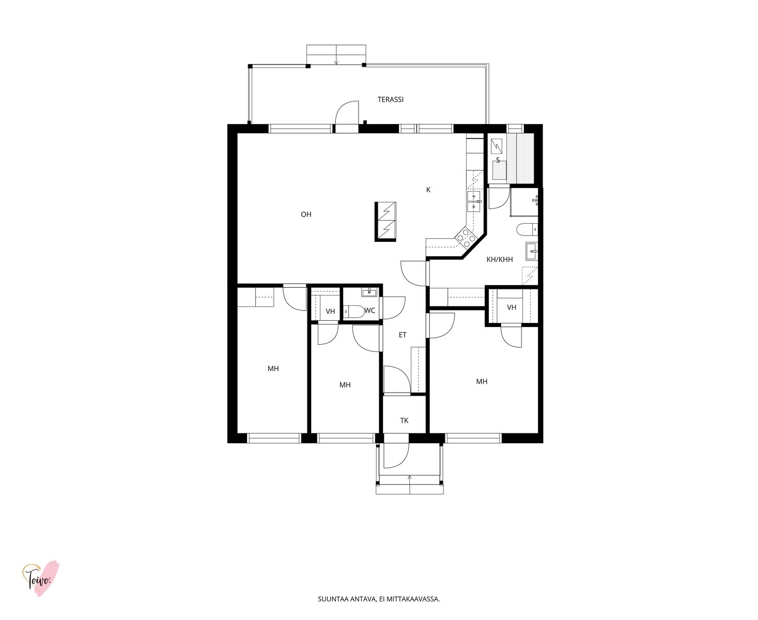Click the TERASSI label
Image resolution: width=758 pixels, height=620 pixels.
point(390,100)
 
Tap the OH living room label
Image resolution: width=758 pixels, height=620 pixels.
point(306,214)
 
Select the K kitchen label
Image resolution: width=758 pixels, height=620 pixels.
point(428,190)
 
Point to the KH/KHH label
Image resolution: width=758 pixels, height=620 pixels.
point(499,259)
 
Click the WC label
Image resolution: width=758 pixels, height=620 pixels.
point(369,311)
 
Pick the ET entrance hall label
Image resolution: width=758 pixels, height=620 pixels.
point(402,335)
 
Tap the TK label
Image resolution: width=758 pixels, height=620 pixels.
point(404,421)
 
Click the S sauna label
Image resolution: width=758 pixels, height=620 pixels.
point(498,160)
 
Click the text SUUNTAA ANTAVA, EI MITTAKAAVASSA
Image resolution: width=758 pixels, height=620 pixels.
point(379,599)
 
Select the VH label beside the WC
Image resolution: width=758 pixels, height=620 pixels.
point(330,312)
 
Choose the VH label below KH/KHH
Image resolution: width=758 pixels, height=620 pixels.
point(512,307)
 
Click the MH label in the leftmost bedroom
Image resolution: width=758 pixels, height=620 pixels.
point(273,368)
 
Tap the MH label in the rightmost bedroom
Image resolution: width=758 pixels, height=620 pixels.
point(482,381)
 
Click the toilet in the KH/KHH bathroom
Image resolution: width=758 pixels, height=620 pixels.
point(527,229)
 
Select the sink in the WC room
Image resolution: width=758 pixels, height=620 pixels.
point(369,292)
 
